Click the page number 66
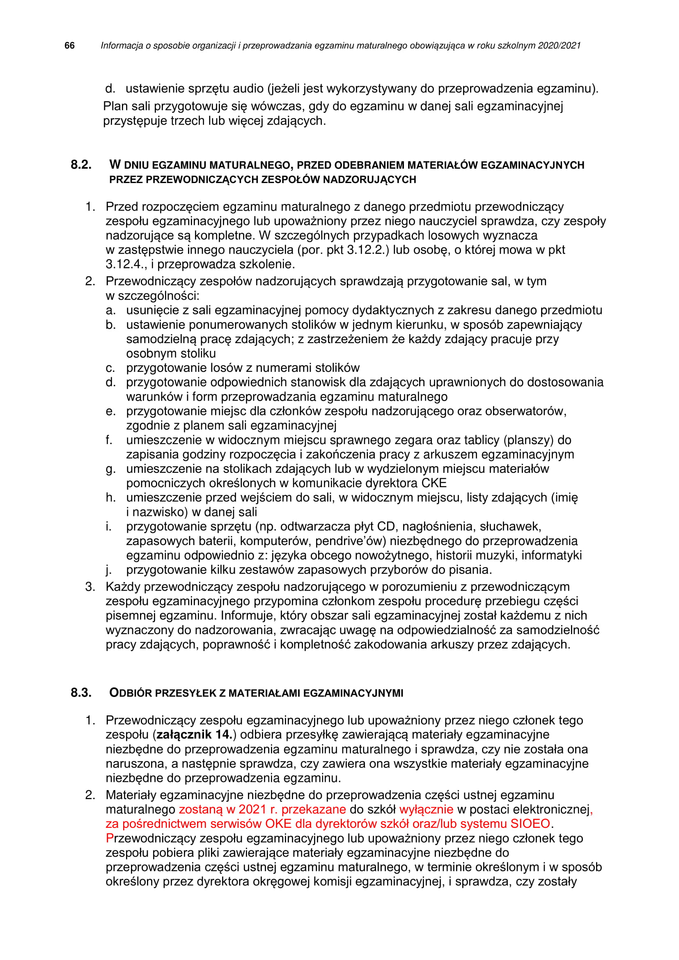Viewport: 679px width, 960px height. pyautogui.click(x=69, y=46)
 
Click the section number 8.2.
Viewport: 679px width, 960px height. pyautogui.click(x=81, y=165)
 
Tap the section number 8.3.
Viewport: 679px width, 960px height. pyautogui.click(x=81, y=693)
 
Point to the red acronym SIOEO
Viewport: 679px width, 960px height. pyautogui.click(x=530, y=824)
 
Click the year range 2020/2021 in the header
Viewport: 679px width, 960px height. pyautogui.click(x=559, y=46)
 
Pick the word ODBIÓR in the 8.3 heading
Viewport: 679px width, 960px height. pyautogui.click(x=131, y=693)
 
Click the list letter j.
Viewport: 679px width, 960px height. pyautogui.click(x=108, y=570)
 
